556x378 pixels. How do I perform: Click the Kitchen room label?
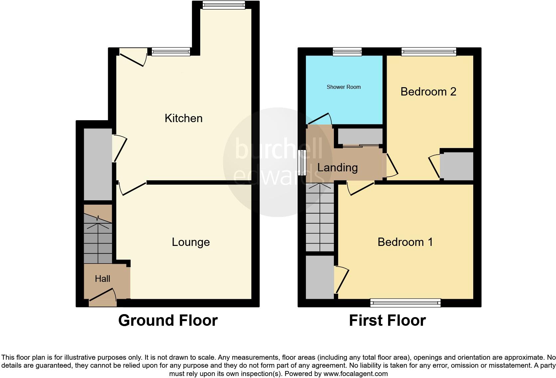click(x=184, y=118)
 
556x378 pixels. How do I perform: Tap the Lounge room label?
click(x=191, y=242)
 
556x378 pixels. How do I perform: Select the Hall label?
click(x=102, y=279)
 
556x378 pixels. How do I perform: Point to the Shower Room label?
click(x=344, y=87)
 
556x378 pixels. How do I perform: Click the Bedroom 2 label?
click(x=428, y=92)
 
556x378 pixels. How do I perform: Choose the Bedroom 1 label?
click(x=405, y=242)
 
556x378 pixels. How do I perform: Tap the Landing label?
click(x=337, y=167)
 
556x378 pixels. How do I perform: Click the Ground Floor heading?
click(x=168, y=320)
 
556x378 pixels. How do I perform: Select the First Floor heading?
click(x=387, y=320)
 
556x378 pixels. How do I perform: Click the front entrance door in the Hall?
click(x=103, y=297)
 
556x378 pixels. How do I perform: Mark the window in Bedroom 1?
click(x=405, y=303)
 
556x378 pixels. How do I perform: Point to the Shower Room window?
click(x=347, y=52)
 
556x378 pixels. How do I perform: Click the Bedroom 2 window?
click(x=429, y=52)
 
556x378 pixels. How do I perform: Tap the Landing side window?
click(x=302, y=162)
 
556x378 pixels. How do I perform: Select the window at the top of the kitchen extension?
click(x=224, y=5)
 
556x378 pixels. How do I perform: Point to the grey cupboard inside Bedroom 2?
click(x=457, y=166)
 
